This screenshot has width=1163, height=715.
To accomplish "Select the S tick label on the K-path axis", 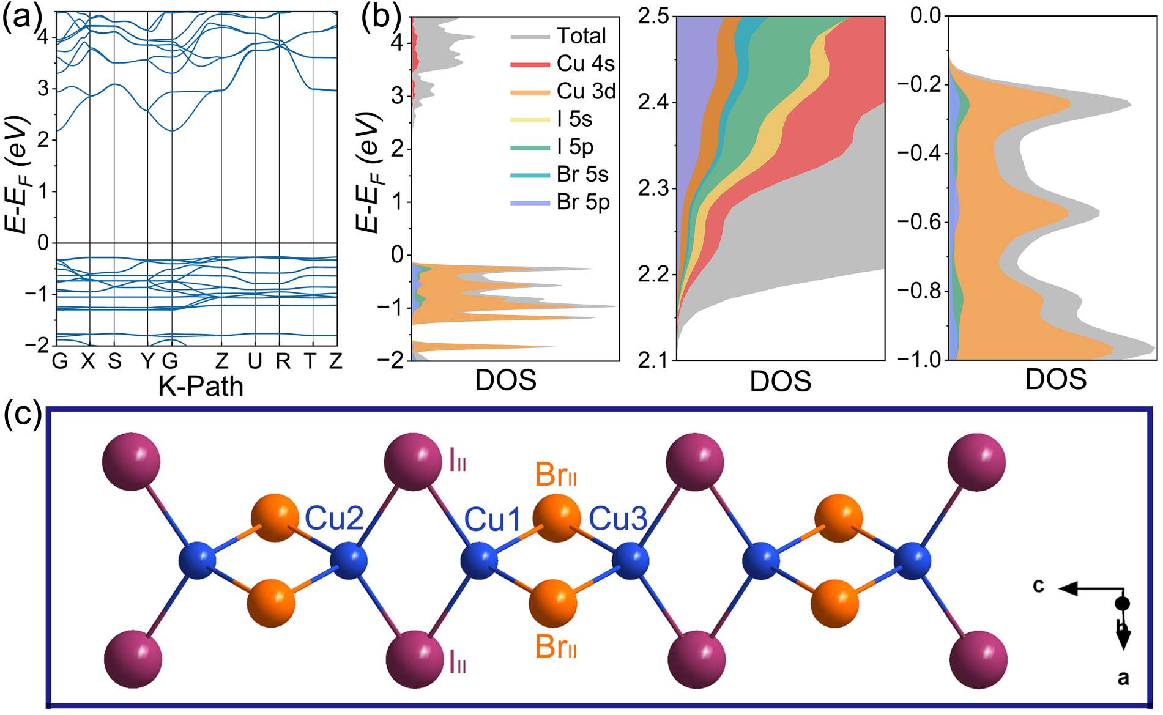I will pos(114,361).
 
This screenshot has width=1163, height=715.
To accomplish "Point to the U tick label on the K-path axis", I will pos(255,361).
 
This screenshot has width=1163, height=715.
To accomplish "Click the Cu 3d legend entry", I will pos(585,91).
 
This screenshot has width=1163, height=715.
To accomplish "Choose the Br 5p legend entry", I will pos(582,202).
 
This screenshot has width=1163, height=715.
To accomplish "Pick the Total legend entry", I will pos(581,35).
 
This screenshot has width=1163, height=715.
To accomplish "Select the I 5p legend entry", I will pos(574,147).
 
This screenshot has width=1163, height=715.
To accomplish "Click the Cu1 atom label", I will pos(492,520).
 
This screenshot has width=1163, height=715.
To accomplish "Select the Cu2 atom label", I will pos(334,519).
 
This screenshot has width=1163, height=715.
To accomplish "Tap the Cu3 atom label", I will pos(618,519).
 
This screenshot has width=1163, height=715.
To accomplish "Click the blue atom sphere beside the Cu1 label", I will pos(478,560).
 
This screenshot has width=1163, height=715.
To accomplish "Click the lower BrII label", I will pos(555,646).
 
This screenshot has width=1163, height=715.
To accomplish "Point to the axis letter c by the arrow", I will pos(1038,585).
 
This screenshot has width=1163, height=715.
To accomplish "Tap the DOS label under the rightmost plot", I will pos(1056,379).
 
